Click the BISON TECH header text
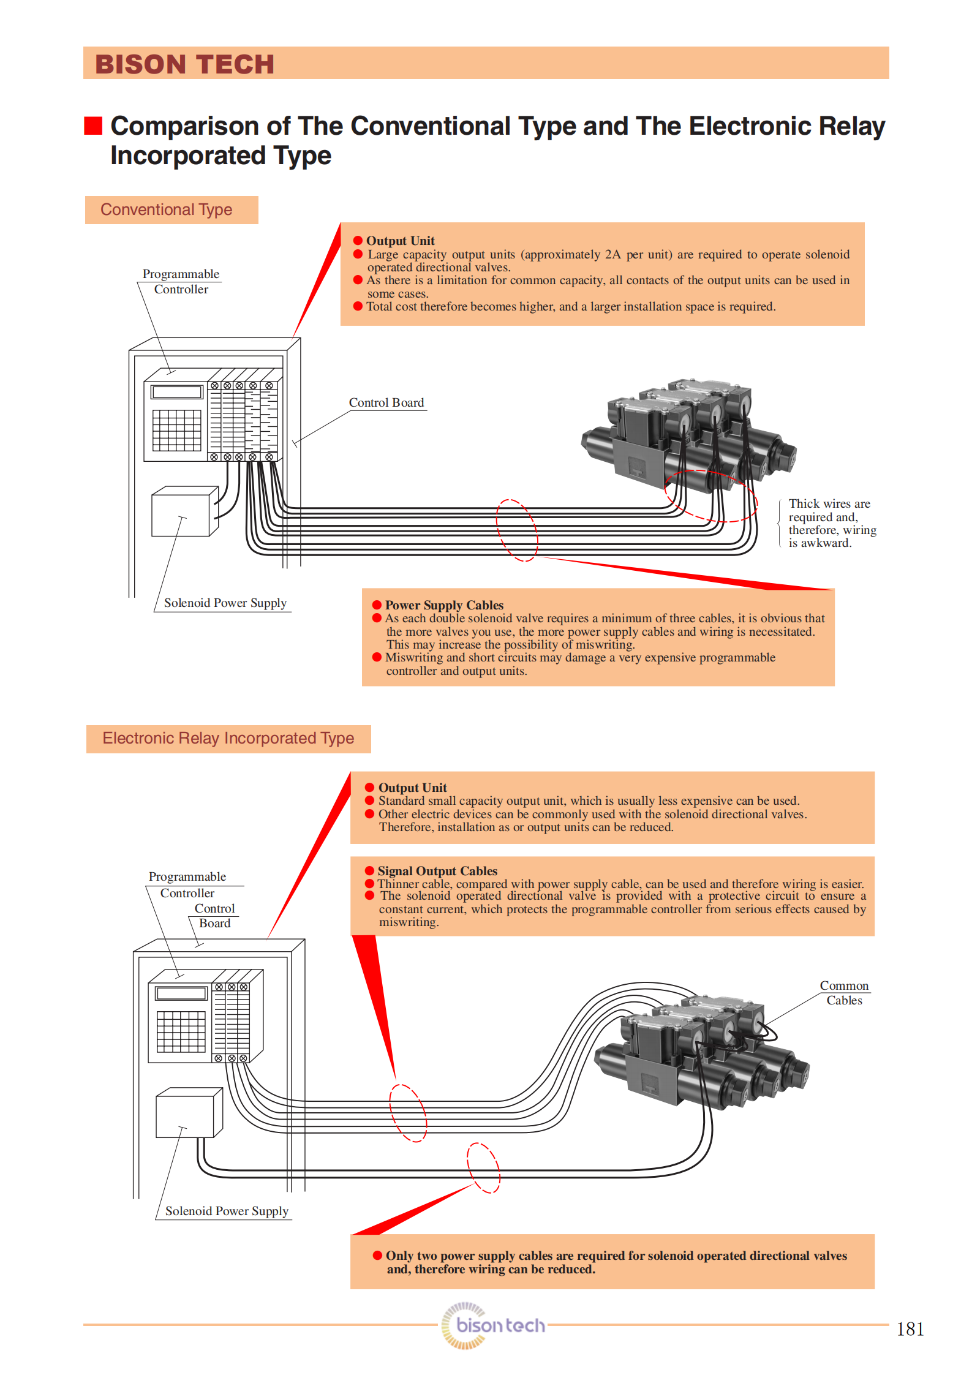[x=184, y=64]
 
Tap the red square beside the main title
[x=93, y=126]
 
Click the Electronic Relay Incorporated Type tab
[x=228, y=739]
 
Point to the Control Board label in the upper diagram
[x=386, y=403]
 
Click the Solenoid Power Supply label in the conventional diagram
[x=225, y=603]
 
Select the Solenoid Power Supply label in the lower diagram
[x=226, y=1211]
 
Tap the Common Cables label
[x=844, y=993]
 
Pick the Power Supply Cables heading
[x=444, y=605]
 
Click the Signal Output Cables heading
[x=437, y=871]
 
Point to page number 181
[x=910, y=1329]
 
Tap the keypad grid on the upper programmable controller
[x=176, y=431]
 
